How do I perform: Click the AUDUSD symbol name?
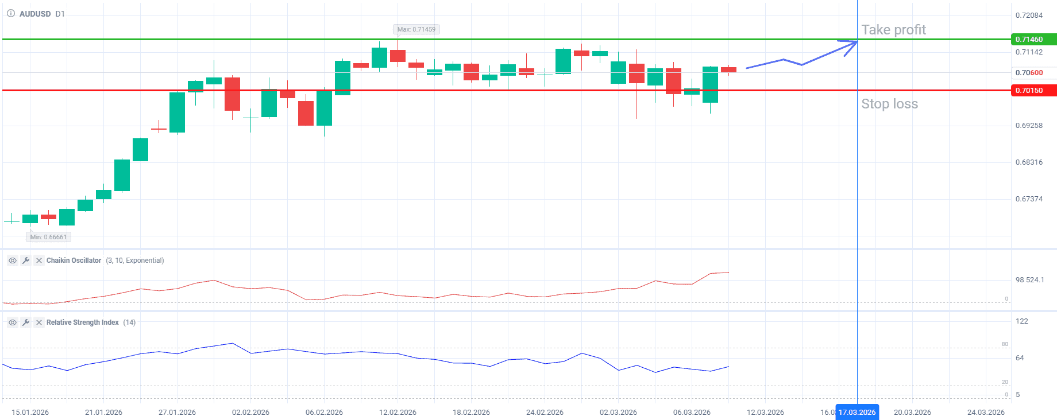point(35,14)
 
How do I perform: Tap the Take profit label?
point(893,30)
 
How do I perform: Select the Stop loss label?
point(889,104)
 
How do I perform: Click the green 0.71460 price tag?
point(1032,40)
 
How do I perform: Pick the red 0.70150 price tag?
point(1032,91)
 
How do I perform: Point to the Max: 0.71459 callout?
point(416,29)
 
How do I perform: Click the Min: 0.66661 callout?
point(49,237)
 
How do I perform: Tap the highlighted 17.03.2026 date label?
point(857,413)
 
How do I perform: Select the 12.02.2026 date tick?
point(398,413)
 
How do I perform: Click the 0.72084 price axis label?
point(1029,15)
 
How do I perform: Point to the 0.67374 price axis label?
point(1029,199)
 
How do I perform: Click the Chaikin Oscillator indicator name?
point(74,260)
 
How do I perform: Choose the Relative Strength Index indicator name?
point(82,322)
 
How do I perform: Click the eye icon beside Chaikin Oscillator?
point(12,260)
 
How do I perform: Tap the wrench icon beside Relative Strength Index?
point(26,322)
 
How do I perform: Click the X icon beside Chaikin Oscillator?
point(39,260)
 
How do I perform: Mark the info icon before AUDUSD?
point(11,14)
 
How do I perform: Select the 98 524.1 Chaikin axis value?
point(1029,280)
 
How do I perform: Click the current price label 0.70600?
point(1029,73)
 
